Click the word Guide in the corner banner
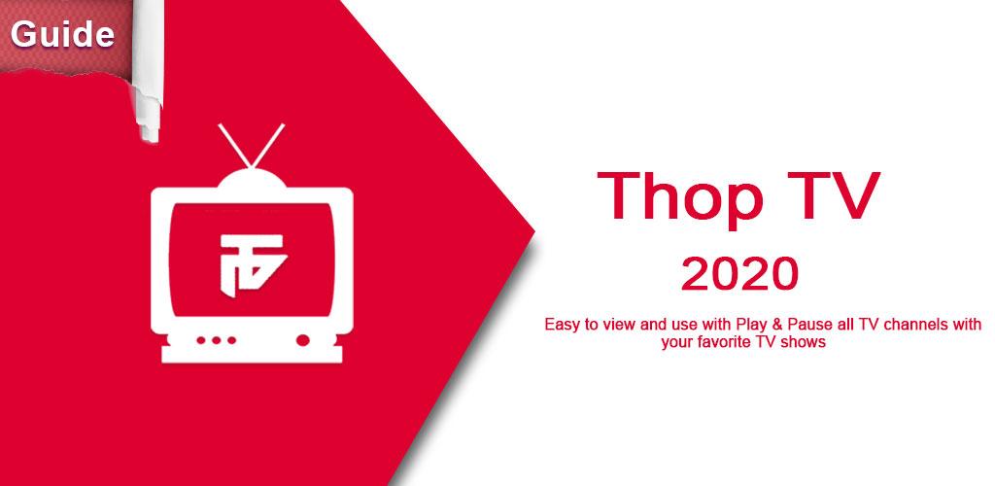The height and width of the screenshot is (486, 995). (x=62, y=34)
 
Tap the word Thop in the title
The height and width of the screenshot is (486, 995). (x=681, y=196)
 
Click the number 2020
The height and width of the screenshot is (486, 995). (x=739, y=274)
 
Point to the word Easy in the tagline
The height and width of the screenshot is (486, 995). (x=563, y=325)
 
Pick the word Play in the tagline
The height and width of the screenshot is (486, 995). (x=751, y=325)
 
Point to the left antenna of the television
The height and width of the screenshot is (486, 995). (x=235, y=146)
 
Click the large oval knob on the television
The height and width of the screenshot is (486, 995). (x=303, y=341)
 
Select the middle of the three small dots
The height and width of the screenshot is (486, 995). (x=217, y=341)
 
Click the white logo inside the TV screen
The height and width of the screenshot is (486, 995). (x=251, y=260)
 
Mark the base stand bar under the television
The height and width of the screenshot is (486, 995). (x=252, y=355)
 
